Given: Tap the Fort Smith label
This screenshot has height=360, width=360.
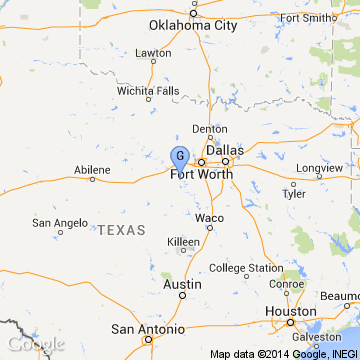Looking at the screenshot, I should point(307,45).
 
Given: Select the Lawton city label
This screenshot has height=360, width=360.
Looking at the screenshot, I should point(154,52).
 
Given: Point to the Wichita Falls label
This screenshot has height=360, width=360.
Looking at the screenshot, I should point(148,90).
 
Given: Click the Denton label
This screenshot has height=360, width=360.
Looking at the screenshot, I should point(210,129).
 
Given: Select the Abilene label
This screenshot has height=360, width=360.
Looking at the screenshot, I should point(93,170).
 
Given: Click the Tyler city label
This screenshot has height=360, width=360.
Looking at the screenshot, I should point(294,194).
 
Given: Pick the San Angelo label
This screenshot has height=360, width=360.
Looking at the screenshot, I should point(56,223).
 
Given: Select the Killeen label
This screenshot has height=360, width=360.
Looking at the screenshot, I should point(183,242).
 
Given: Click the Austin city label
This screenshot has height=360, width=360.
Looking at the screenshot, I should point(181,284).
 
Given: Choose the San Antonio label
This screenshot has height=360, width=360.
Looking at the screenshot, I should point(147,329).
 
